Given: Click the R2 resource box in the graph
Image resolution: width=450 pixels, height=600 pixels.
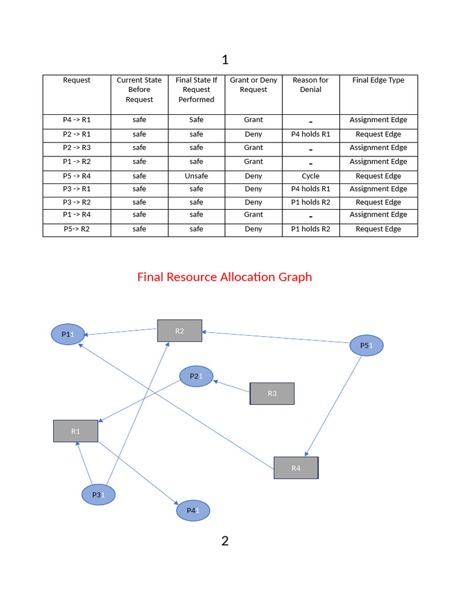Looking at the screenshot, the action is click(x=179, y=330).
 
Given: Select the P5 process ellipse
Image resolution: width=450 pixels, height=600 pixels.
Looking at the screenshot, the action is click(x=366, y=346).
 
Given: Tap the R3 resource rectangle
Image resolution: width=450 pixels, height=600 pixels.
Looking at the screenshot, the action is click(x=272, y=393).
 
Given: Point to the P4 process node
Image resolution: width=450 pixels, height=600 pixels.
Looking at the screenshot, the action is click(x=193, y=511).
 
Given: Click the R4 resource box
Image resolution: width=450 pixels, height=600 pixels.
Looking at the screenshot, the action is click(x=296, y=468).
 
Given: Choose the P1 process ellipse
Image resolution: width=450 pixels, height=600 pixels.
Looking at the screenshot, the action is click(x=68, y=334).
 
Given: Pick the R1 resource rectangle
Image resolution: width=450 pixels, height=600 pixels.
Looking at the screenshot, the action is click(x=76, y=431).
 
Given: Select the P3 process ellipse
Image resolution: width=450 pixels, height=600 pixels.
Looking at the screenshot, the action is click(x=98, y=495).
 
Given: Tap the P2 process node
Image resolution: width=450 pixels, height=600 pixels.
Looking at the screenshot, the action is click(x=196, y=376).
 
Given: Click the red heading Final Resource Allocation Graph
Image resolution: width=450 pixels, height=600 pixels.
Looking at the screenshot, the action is click(x=224, y=277).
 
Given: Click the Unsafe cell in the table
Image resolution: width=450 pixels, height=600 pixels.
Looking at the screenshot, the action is click(x=196, y=176).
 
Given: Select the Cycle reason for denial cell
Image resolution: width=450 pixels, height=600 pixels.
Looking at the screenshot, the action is click(x=311, y=176).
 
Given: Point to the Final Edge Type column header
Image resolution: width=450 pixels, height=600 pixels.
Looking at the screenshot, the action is click(x=378, y=80).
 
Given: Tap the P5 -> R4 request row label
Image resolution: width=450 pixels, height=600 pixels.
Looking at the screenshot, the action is click(x=77, y=176).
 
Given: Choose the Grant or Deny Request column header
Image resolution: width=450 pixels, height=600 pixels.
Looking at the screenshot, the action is click(x=253, y=85).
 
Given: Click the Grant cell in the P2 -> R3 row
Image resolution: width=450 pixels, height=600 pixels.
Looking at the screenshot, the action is click(x=253, y=148).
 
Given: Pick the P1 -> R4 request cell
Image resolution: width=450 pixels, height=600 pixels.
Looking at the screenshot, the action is click(x=77, y=214).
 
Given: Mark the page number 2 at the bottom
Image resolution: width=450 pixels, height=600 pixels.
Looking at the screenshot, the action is click(x=225, y=541).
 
